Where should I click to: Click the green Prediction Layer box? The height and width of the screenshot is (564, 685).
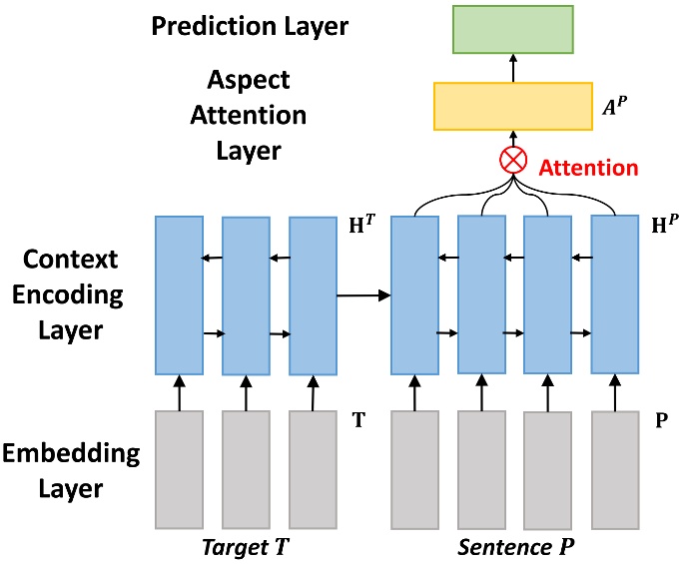pyautogui.click(x=512, y=29)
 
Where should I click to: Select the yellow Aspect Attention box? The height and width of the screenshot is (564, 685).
pyautogui.click(x=512, y=106)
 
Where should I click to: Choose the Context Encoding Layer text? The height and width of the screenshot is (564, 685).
pyautogui.click(x=72, y=293)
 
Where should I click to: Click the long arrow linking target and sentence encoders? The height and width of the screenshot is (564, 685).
pyautogui.click(x=362, y=295)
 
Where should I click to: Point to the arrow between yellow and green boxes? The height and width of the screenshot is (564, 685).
pyautogui.click(x=512, y=68)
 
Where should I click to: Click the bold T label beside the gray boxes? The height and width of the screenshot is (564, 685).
pyautogui.click(x=356, y=419)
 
